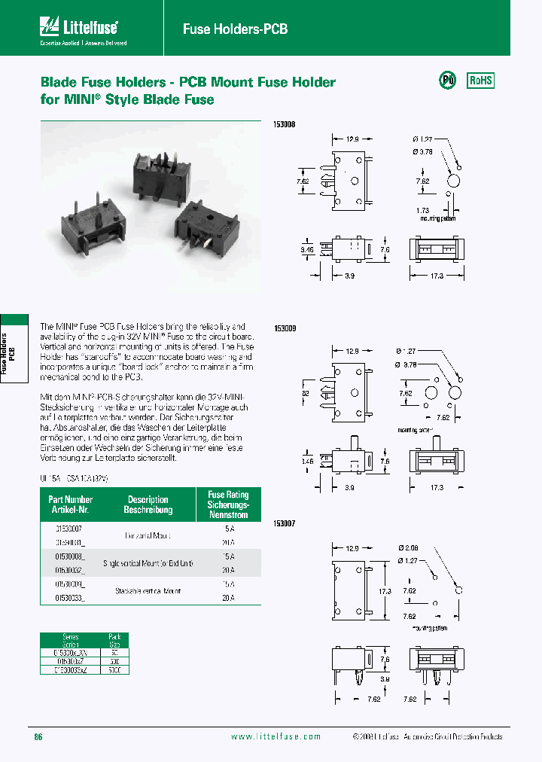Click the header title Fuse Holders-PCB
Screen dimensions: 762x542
tap(235, 29)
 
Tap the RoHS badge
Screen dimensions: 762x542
tap(481, 81)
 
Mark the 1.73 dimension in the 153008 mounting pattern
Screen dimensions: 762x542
tap(422, 210)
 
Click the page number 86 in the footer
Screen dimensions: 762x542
tap(38, 736)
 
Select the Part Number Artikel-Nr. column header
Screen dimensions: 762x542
tap(70, 504)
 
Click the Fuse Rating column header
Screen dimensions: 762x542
tap(227, 504)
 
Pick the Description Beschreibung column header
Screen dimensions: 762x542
tap(148, 504)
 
